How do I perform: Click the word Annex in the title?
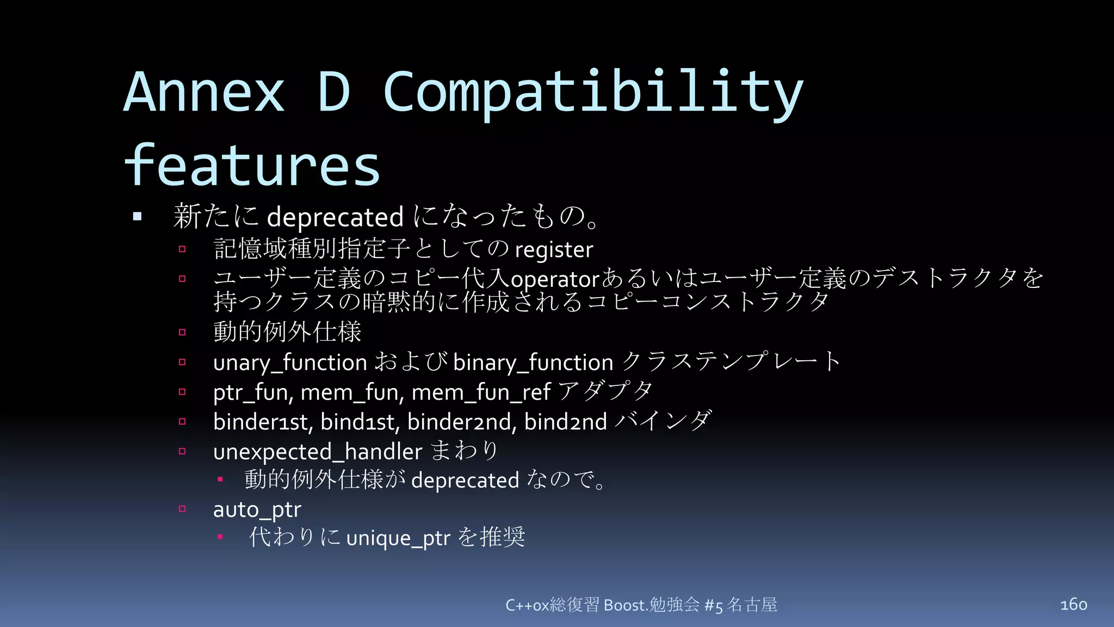click(x=205, y=93)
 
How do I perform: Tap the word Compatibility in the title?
click(x=593, y=93)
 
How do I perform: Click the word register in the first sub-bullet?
click(x=554, y=250)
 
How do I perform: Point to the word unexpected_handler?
click(x=318, y=452)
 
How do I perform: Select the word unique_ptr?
click(x=398, y=538)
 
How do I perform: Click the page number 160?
click(x=1073, y=604)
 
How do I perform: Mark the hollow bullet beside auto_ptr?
click(x=182, y=509)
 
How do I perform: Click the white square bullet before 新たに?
click(x=137, y=217)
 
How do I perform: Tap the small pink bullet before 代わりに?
click(x=220, y=537)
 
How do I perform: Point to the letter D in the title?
click(x=333, y=93)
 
